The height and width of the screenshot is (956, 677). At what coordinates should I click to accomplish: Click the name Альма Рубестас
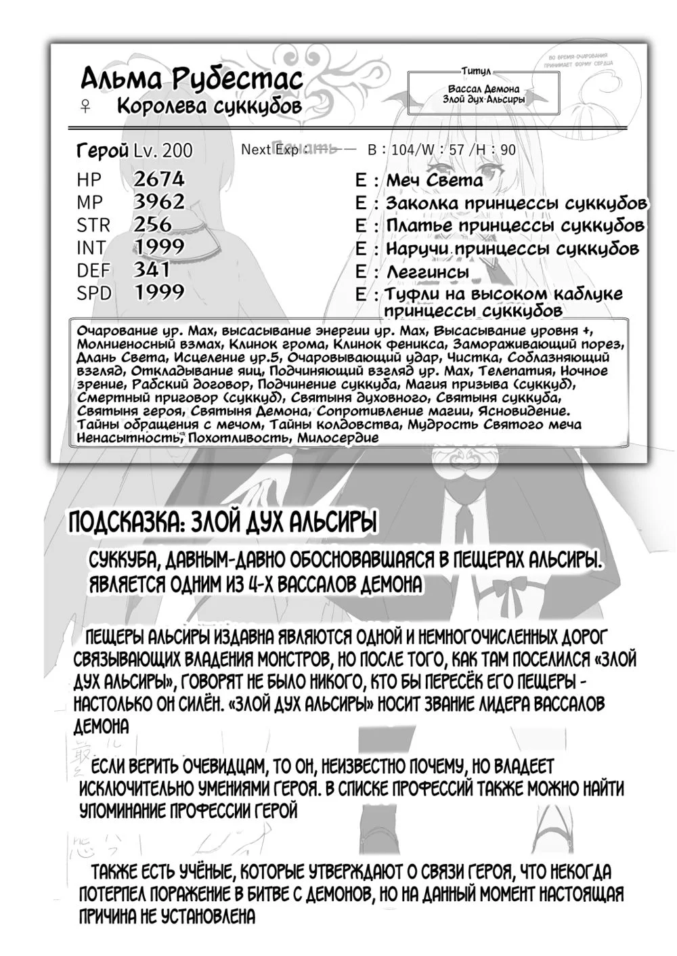pos(191,80)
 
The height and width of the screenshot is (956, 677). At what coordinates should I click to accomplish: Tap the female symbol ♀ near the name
pos(86,107)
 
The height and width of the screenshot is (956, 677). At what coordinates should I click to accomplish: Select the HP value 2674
pos(159,179)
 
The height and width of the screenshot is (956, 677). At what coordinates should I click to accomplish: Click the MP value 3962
pos(159,201)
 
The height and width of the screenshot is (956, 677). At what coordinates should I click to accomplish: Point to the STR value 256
pos(152,224)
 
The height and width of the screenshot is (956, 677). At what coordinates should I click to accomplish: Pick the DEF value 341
pos(152,269)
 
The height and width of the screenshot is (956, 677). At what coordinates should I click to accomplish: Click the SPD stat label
pos(94,292)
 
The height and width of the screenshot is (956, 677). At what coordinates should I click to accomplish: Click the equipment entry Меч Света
pos(434,180)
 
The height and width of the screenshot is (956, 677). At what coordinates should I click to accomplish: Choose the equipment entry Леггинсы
pos(427,271)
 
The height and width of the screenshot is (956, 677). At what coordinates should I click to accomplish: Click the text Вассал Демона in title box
pos(483,89)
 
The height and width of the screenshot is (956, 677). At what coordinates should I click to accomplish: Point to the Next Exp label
pos(269,150)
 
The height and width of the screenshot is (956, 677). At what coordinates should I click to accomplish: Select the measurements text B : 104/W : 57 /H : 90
pos(441,150)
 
